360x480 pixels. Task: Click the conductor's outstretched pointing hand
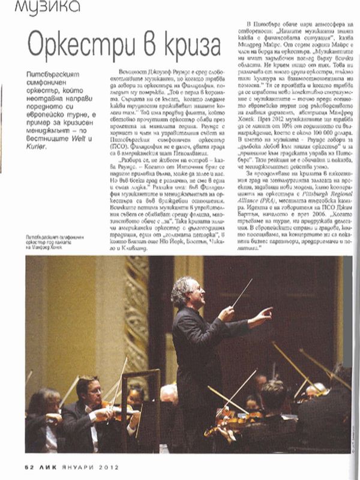point(264,313)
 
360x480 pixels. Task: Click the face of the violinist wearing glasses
point(91,391)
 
